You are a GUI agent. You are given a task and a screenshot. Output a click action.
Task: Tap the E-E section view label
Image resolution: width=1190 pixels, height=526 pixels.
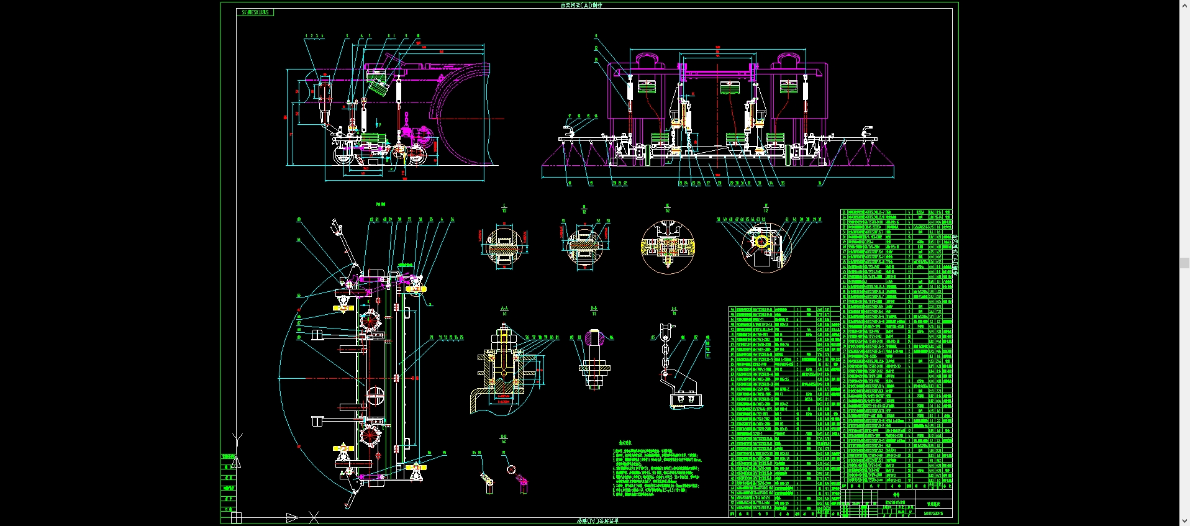(x=674, y=309)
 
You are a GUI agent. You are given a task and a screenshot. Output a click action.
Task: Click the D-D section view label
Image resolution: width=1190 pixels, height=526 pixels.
(x=504, y=437)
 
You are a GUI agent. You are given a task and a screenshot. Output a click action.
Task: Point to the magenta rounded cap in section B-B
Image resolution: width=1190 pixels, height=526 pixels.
(x=594, y=339)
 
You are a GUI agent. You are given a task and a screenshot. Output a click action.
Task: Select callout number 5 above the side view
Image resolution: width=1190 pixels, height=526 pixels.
(x=347, y=36)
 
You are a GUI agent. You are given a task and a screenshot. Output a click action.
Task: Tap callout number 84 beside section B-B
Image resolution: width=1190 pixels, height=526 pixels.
(x=612, y=338)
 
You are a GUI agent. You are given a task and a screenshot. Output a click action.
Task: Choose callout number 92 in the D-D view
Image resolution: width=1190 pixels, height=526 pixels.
(x=504, y=453)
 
